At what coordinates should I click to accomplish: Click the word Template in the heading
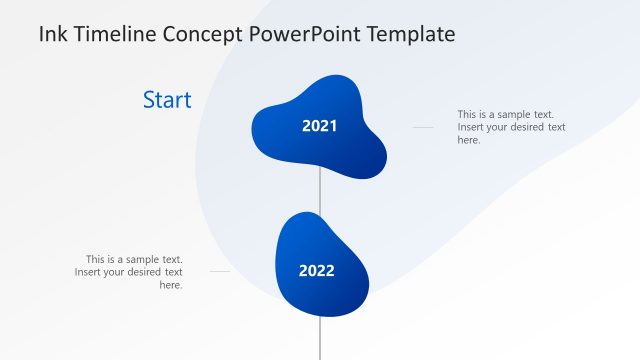[411, 35]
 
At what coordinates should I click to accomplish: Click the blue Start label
[167, 100]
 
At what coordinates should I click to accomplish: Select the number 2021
[319, 126]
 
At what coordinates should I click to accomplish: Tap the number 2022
[316, 270]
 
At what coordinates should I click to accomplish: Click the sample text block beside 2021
[511, 127]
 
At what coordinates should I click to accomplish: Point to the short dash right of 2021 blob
[423, 127]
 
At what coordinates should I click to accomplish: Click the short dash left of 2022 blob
[220, 271]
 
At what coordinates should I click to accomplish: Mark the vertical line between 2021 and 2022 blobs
[320, 195]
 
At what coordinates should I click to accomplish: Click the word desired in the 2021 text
[527, 127]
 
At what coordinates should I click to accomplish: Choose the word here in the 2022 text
[171, 285]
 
